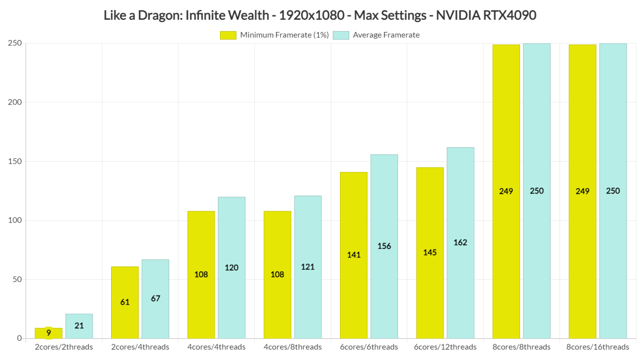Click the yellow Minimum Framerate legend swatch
coord(228,35)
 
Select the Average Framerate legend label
coord(386,35)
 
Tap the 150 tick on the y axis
coord(15,161)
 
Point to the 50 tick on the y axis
coord(17,280)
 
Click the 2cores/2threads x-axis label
coord(64,347)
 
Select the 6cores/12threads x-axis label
coord(445,347)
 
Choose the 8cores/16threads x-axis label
coord(597,347)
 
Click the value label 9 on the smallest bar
coord(49,333)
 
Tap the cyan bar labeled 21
coord(79,326)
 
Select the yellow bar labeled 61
coord(125,302)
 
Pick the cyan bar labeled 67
coord(155,299)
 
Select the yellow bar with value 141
coord(354,255)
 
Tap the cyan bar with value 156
coord(384,246)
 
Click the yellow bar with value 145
coord(430,252)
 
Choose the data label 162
coord(460,242)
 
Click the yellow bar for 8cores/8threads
coord(506,191)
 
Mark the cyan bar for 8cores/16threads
coord(613,191)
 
